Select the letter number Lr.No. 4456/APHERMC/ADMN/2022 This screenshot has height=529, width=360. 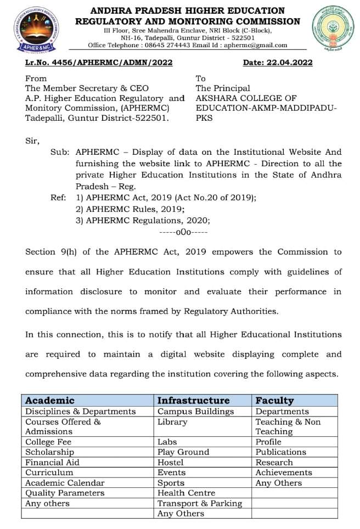[99, 63]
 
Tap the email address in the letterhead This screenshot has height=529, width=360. [255, 46]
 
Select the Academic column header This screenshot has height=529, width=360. [49, 401]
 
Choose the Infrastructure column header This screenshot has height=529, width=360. [193, 401]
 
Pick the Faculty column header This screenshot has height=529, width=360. [274, 401]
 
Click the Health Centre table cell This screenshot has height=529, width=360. [186, 493]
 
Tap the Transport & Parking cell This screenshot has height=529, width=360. [199, 503]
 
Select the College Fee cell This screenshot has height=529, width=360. [48, 442]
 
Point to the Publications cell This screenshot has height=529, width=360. [280, 452]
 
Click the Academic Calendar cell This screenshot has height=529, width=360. [65, 483]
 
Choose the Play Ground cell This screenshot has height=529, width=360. [183, 452]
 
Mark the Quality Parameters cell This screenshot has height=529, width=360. [65, 493]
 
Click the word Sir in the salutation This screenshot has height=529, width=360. [32, 140]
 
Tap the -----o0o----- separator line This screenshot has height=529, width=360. [183, 232]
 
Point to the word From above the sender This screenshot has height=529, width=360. [36, 78]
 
